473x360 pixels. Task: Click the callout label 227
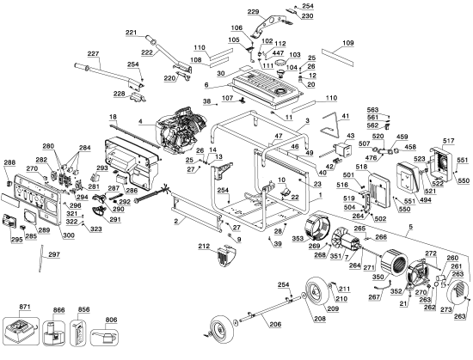point(93,53)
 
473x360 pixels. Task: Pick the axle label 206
point(274,324)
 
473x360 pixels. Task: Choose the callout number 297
point(54,255)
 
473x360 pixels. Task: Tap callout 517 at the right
point(448,141)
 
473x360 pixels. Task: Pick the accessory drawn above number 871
point(21,330)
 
